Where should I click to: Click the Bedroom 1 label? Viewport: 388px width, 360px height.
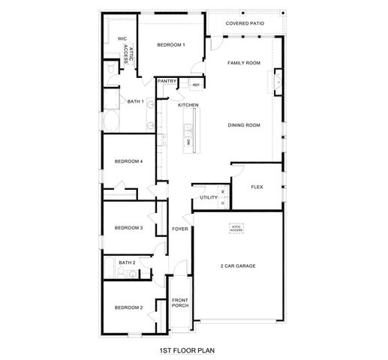171,46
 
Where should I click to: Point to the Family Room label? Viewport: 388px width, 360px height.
244,63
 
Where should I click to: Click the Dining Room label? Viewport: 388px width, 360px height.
244,125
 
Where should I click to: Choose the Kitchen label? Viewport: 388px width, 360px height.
188,105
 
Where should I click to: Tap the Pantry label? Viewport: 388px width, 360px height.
167,80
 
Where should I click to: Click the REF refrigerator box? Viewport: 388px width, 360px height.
195,85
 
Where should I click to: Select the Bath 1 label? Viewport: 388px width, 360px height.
135,101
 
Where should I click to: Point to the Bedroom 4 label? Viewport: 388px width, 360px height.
128,161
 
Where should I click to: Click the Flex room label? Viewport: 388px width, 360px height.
257,186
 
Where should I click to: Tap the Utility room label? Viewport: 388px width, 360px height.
209,197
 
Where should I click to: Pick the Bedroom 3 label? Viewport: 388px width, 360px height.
128,228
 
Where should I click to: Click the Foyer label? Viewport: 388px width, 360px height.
180,228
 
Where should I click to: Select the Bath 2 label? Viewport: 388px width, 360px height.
127,262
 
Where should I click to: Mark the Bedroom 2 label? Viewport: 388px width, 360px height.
128,307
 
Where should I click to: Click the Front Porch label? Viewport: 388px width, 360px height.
180,303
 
